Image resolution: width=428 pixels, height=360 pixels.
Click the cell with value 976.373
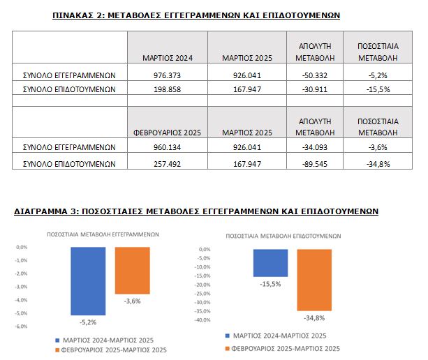[166, 75]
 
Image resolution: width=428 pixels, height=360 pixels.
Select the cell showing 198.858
[166, 89]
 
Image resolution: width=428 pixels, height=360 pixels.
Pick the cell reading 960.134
[166, 147]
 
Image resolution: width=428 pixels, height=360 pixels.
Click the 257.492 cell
[166, 164]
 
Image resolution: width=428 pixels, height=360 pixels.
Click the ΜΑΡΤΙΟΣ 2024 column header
[166, 58]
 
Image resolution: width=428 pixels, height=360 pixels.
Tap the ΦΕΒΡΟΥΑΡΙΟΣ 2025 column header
[166, 132]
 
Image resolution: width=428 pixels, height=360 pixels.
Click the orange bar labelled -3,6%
[133, 270]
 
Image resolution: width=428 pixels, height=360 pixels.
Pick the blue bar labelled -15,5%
[270, 262]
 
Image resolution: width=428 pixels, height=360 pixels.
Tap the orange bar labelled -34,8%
[314, 280]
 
